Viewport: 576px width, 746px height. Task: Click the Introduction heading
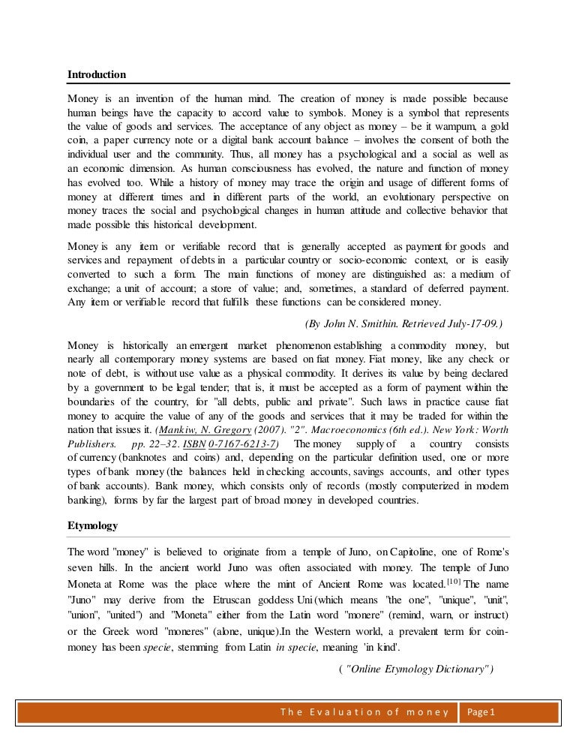click(x=97, y=74)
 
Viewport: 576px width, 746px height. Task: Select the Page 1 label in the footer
click(x=484, y=712)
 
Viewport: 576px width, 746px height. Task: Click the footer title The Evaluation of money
click(x=364, y=712)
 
